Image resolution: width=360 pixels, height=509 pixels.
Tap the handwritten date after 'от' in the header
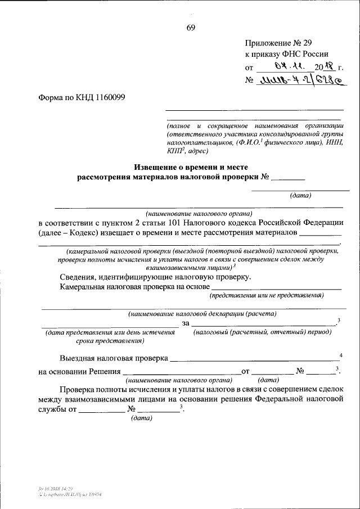[292, 67]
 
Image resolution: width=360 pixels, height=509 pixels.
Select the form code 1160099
[106, 97]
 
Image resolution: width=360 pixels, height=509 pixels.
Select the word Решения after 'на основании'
[103, 371]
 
